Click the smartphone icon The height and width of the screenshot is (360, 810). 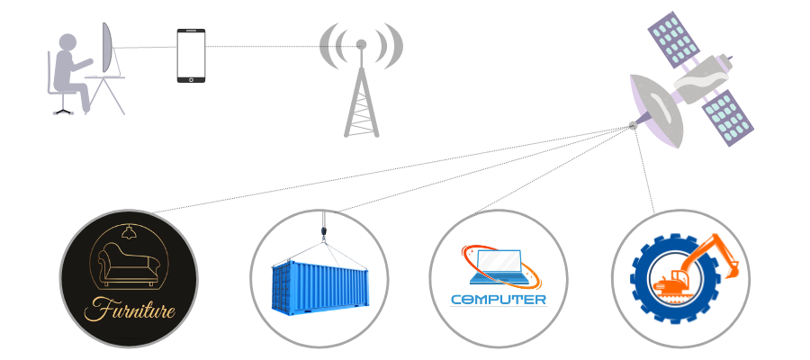(191, 55)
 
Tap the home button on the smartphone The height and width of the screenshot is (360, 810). (191, 79)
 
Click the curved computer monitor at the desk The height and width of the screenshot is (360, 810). (107, 47)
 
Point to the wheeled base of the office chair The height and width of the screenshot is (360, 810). (64, 110)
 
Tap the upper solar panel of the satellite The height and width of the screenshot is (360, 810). (673, 40)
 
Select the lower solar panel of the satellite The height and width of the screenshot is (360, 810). (727, 118)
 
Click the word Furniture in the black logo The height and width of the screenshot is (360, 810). (129, 310)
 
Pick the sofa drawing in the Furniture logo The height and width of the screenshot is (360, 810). (129, 265)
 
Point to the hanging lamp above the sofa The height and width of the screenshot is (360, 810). (128, 232)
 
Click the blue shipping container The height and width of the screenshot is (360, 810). (319, 288)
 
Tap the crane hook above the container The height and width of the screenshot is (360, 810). (324, 232)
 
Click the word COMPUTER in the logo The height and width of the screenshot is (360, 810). (498, 300)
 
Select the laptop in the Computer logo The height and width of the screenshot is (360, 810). (499, 267)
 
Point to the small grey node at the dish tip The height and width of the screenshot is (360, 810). (633, 125)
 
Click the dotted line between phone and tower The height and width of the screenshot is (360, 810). (283, 47)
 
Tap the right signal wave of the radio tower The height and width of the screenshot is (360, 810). (391, 46)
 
